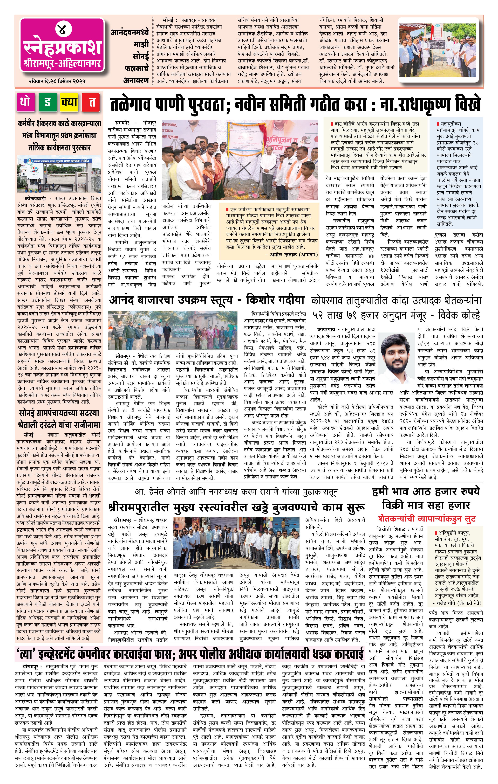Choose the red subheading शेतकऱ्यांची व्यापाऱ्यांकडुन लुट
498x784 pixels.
[427, 518]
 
